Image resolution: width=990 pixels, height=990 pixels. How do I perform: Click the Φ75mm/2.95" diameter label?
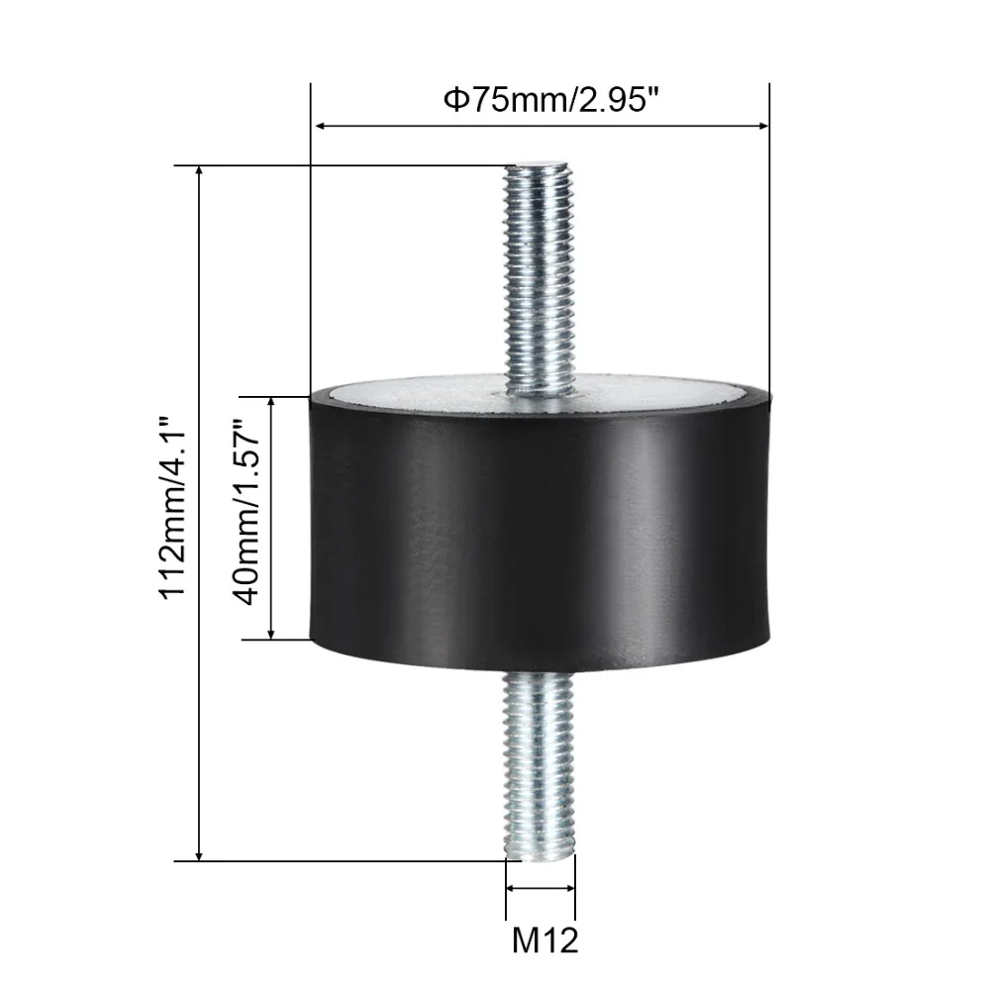point(546,100)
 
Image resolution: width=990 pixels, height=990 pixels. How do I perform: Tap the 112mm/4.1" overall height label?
point(172,508)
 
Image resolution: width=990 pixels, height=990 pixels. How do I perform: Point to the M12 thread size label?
point(544,940)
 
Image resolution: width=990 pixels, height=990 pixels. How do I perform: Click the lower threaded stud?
point(540,766)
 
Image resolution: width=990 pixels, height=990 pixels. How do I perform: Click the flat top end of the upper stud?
point(537,165)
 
